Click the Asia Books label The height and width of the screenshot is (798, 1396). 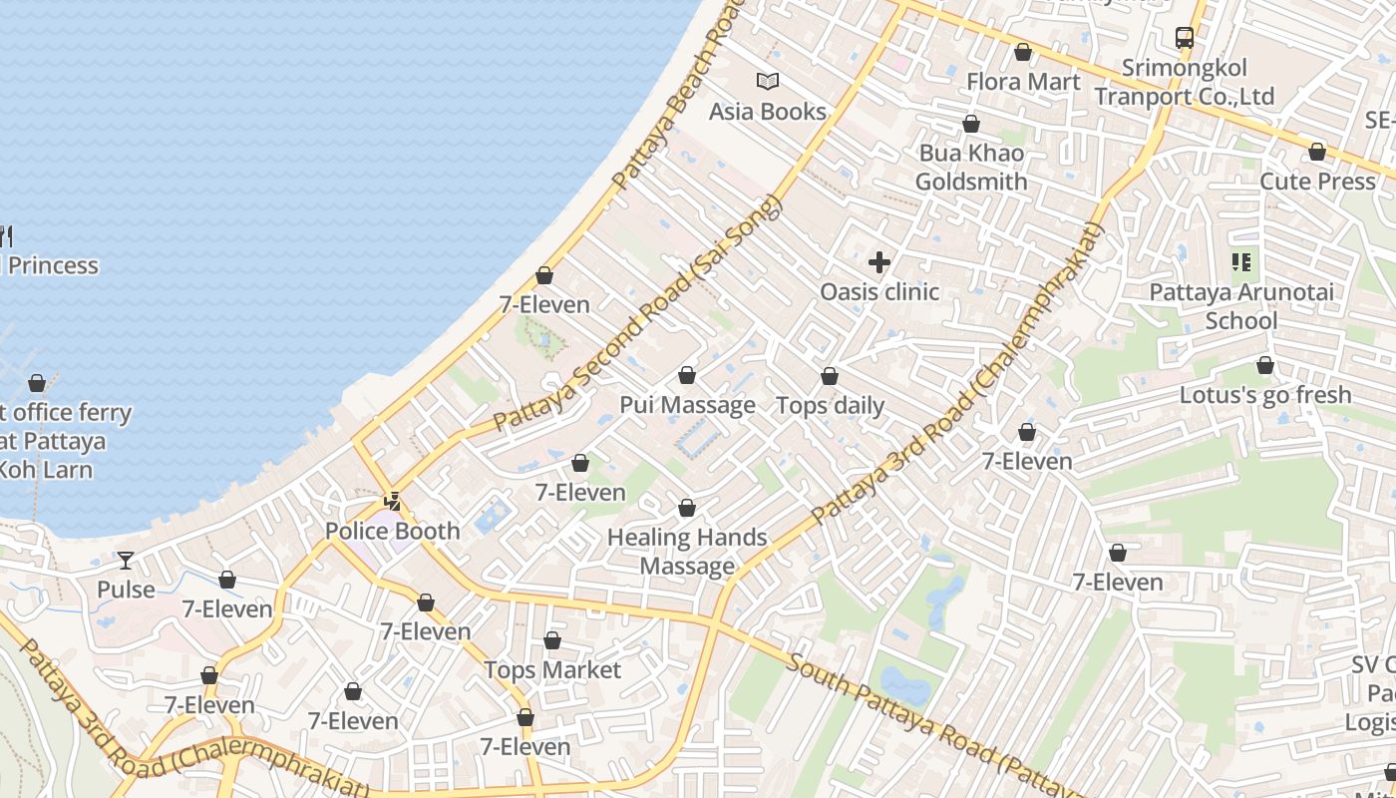click(768, 111)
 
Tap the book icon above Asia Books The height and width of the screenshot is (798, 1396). click(768, 82)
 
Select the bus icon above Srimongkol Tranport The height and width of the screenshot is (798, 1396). click(1185, 38)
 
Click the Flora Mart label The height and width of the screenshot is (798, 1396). click(1023, 81)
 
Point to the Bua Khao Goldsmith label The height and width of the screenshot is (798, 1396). click(971, 168)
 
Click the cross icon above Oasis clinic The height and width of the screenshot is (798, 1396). click(879, 262)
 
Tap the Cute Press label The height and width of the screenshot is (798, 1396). click(1318, 181)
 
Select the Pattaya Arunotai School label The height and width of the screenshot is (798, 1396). click(1241, 306)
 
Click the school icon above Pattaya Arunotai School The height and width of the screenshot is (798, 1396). click(1241, 262)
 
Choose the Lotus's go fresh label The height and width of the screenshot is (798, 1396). click(1265, 394)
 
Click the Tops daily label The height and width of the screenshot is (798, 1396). click(830, 405)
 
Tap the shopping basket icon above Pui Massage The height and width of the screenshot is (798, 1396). click(687, 376)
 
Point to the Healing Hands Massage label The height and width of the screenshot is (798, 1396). click(687, 552)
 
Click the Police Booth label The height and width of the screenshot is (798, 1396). click(393, 531)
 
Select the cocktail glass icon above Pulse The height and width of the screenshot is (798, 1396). click(126, 560)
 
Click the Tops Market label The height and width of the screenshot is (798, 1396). click(552, 669)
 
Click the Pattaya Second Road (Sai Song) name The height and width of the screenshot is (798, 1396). click(638, 314)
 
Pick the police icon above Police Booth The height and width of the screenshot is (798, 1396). click(394, 501)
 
